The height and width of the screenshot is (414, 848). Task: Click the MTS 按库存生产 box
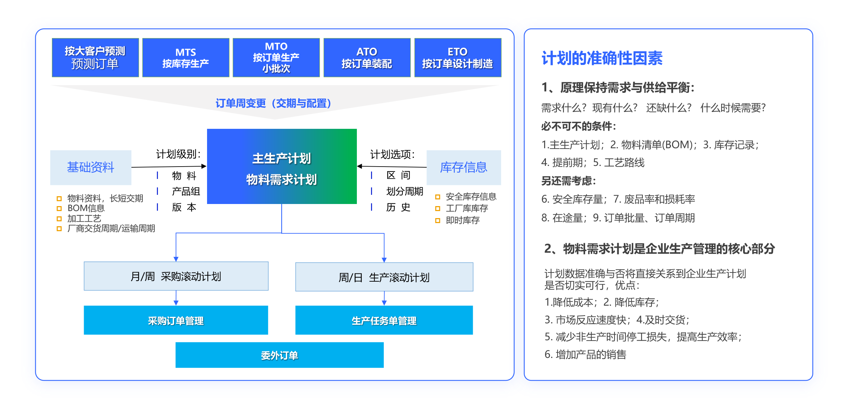[x=186, y=58]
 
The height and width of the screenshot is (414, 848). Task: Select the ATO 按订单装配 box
[x=367, y=58]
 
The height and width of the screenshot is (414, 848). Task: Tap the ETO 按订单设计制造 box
[x=458, y=58]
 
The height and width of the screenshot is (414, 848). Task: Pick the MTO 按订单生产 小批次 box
[x=276, y=58]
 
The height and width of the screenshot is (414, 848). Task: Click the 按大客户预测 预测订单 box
[x=95, y=58]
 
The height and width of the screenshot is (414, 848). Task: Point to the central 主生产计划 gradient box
[x=282, y=166]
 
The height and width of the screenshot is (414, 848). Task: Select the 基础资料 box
[x=91, y=167]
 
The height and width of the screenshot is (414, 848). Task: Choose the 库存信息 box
[x=464, y=167]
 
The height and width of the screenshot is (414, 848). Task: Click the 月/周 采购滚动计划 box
[x=176, y=276]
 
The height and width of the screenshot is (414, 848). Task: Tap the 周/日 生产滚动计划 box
[x=384, y=277]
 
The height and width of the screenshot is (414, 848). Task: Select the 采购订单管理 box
[x=176, y=320]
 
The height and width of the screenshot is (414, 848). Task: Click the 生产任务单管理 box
[x=384, y=320]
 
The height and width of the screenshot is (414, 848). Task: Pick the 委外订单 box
[x=279, y=355]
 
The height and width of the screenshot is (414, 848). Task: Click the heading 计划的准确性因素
[x=602, y=58]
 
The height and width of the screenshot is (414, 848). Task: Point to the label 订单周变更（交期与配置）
[x=274, y=103]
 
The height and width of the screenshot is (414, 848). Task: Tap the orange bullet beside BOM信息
[x=59, y=209]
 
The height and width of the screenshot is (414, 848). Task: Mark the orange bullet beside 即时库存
[x=438, y=221]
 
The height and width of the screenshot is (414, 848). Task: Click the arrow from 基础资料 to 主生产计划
[x=169, y=167]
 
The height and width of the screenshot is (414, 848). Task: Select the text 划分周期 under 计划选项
[x=405, y=191]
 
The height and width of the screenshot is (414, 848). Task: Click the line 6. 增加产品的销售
[x=585, y=354]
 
